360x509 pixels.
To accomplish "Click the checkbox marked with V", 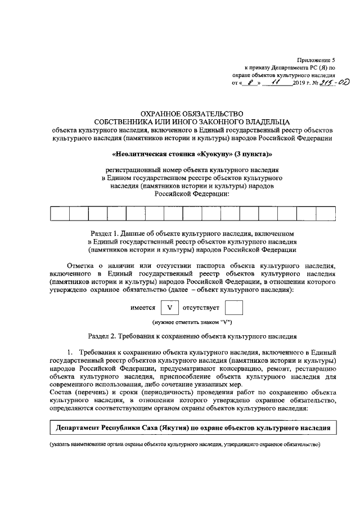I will coord(169,308).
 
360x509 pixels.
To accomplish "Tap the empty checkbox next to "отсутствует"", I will coord(233,308).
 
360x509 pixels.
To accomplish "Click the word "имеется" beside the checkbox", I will coord(143,308).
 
